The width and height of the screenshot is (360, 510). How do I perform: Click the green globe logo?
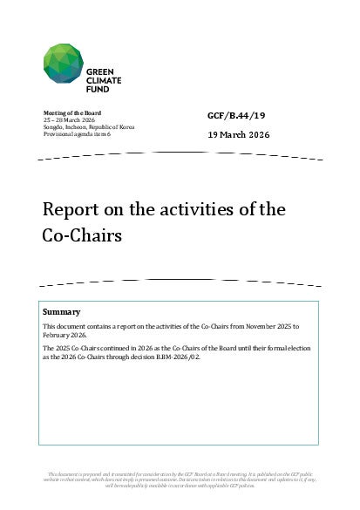click(64, 63)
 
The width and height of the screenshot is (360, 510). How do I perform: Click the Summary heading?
click(61, 311)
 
